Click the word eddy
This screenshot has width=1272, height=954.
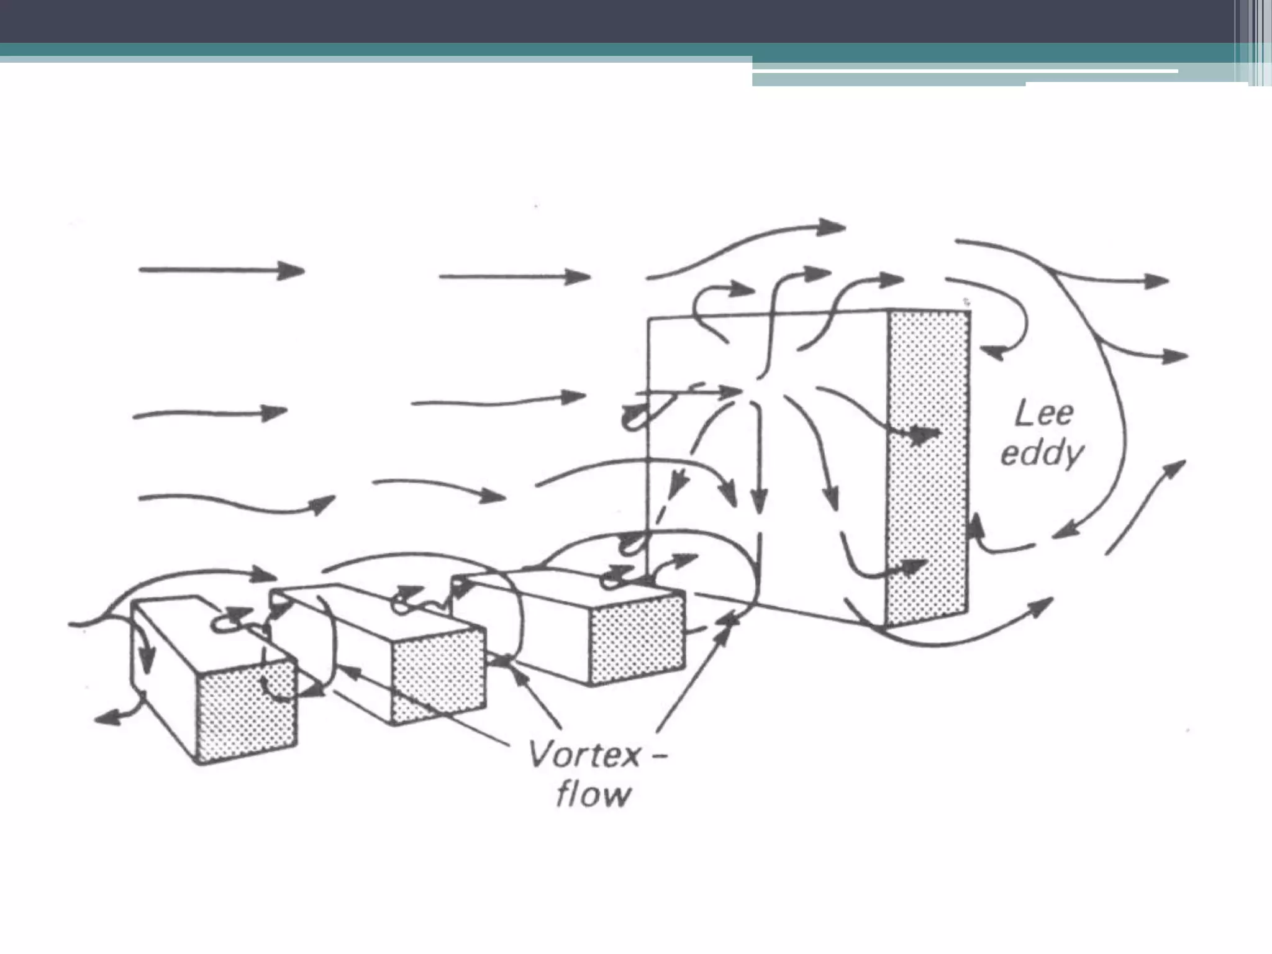coord(1042,454)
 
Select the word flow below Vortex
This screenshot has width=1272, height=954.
coord(593,795)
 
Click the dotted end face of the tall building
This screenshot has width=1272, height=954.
coord(928,466)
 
